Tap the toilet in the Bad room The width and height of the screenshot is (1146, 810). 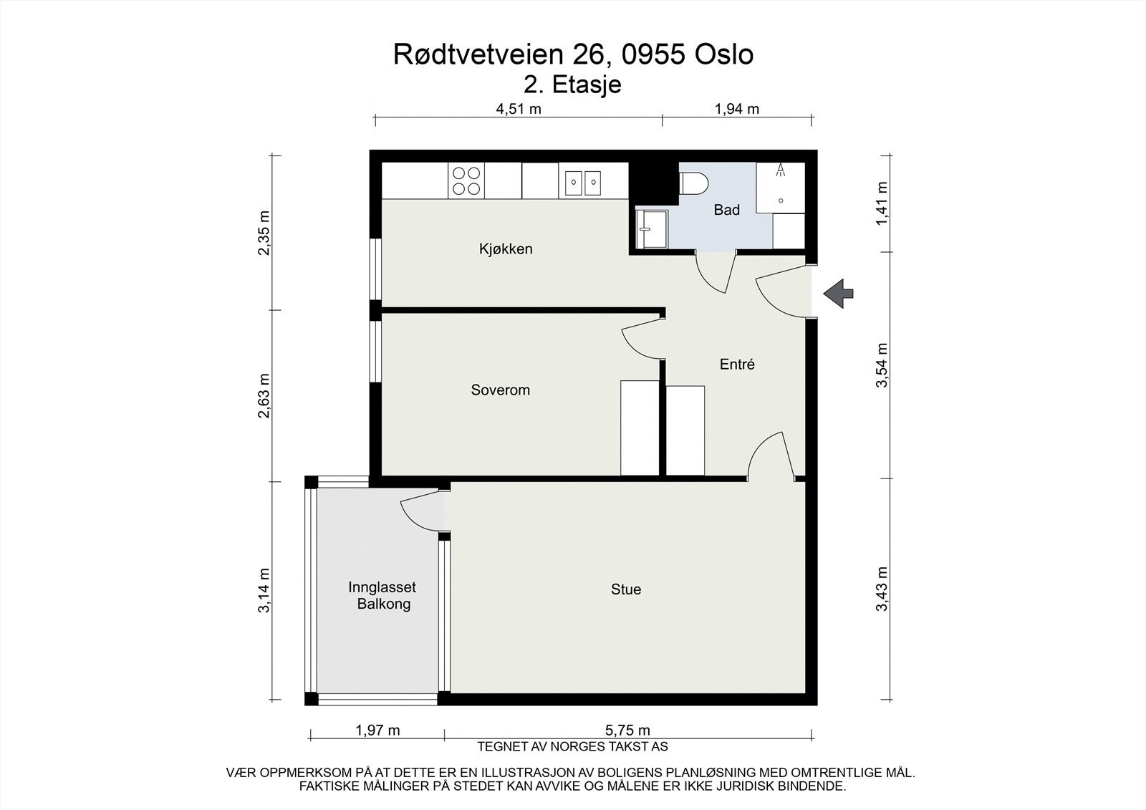pyautogui.click(x=693, y=183)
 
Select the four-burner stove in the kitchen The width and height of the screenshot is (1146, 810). pyautogui.click(x=466, y=180)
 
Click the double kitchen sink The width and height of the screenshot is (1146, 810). pyautogui.click(x=583, y=183)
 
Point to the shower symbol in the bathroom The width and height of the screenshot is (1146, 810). pyautogui.click(x=781, y=187)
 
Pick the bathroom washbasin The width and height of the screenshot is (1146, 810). pyautogui.click(x=651, y=229)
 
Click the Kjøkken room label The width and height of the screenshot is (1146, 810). pyautogui.click(x=506, y=249)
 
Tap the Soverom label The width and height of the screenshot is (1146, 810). pyautogui.click(x=501, y=390)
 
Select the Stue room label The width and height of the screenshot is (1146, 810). pyautogui.click(x=626, y=589)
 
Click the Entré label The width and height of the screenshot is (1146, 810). pyautogui.click(x=737, y=365)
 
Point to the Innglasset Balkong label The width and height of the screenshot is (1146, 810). pyautogui.click(x=382, y=596)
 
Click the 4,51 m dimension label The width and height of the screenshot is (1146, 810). pyautogui.click(x=519, y=109)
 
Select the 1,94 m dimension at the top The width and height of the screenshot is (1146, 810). pyautogui.click(x=737, y=109)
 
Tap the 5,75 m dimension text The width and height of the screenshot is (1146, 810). pyautogui.click(x=627, y=731)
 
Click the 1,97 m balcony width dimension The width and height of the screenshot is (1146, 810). pyautogui.click(x=377, y=731)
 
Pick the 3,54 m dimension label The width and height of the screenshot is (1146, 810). pyautogui.click(x=882, y=365)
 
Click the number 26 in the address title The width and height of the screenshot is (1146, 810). pyautogui.click(x=591, y=54)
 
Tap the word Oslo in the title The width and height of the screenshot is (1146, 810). pyautogui.click(x=724, y=54)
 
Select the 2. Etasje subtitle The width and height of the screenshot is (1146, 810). pyautogui.click(x=572, y=85)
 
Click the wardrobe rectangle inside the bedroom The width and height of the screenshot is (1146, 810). pyautogui.click(x=640, y=428)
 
